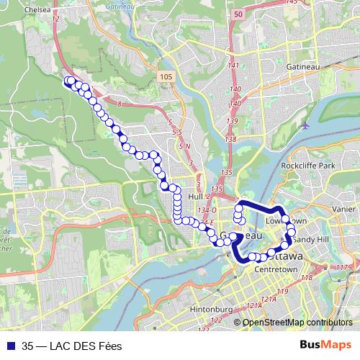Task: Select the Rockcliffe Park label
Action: [310, 166]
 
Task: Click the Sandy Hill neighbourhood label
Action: [312, 238]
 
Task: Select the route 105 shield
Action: [166, 76]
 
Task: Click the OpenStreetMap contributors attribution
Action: [297, 322]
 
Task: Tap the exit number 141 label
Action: [233, 66]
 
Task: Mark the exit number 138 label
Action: [230, 139]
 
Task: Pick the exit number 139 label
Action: [232, 121]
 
